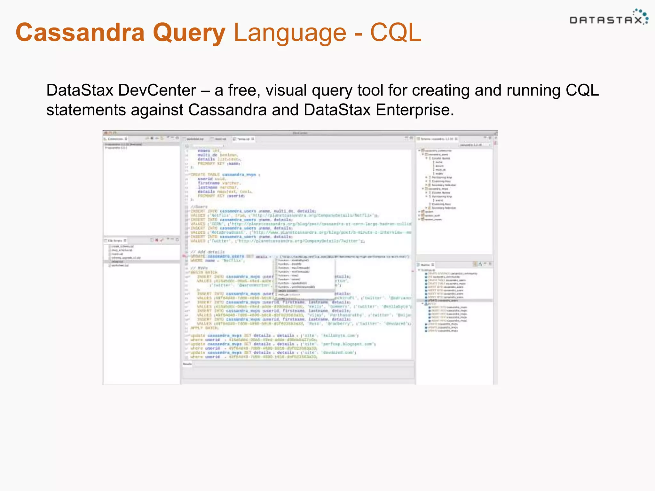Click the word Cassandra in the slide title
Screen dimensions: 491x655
[80, 33]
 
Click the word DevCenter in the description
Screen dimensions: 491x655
[157, 90]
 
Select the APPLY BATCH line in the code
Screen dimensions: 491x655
[204, 328]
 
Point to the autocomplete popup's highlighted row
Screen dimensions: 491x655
[304, 291]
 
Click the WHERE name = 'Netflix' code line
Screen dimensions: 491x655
[217, 261]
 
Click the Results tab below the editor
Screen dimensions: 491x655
[187, 364]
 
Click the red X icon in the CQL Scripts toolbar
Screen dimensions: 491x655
[157, 240]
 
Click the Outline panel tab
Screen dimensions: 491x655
[425, 265]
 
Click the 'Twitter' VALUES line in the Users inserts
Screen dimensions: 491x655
[277, 241]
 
